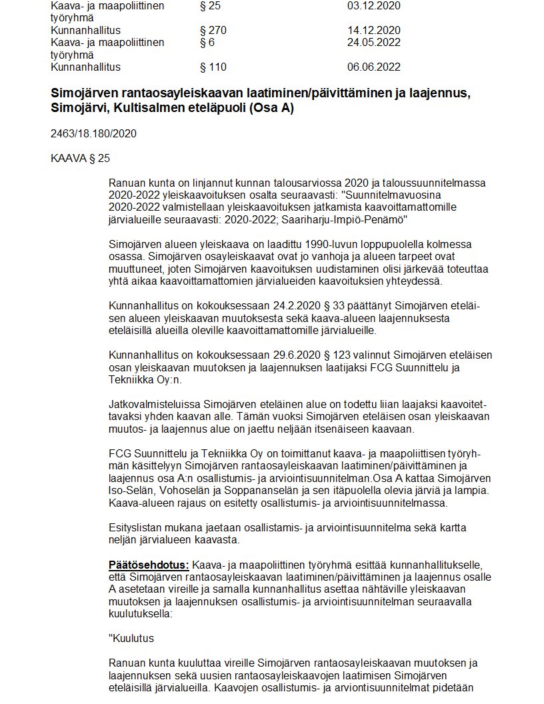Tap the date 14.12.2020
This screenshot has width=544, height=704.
coord(373,30)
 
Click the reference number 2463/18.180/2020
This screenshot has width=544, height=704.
coord(93,133)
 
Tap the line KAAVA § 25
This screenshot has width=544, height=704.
coord(80,158)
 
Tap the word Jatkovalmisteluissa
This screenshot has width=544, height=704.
coord(154,404)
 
